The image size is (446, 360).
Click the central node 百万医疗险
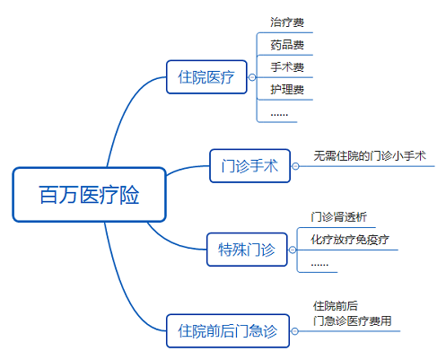coord(89,195)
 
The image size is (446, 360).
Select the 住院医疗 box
coord(206,77)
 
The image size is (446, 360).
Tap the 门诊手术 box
coord(249,166)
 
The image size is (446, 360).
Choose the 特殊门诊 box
coord(247,250)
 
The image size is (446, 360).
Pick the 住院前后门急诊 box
coord(228,330)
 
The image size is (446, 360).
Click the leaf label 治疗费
coord(287,22)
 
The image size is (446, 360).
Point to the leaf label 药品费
coord(287,45)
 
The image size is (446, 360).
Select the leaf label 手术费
coord(287,67)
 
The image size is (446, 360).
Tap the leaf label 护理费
coord(287,89)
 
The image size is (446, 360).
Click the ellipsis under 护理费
coord(279,115)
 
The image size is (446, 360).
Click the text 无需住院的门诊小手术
coord(370,156)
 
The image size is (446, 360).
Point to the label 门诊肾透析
coord(339,217)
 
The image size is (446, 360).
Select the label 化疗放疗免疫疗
coord(350,240)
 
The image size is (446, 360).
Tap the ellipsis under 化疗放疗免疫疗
coord(319,265)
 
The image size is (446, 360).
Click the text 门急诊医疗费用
coord(353,321)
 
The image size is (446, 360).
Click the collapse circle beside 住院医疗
coord(252,77)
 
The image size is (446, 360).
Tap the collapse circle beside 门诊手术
coord(295,166)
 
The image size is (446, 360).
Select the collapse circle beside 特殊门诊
coord(293,250)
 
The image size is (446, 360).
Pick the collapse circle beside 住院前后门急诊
coord(294,331)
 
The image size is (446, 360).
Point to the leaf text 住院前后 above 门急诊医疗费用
coord(336,306)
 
